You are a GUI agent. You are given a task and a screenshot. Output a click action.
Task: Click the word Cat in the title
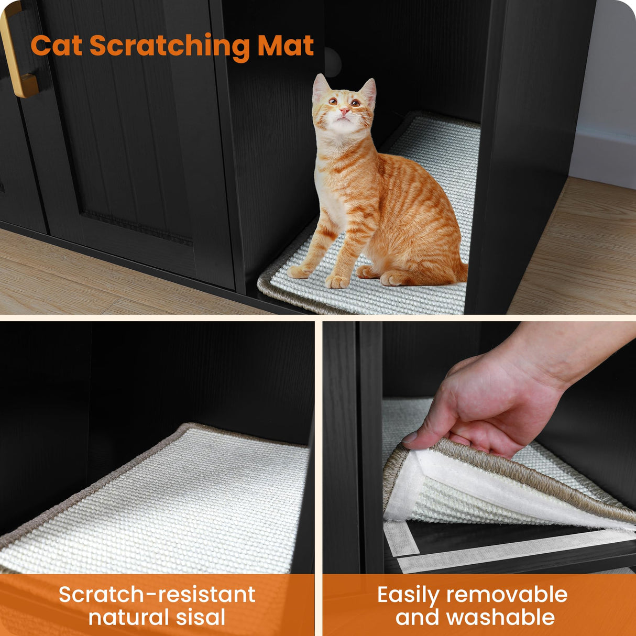point(56,46)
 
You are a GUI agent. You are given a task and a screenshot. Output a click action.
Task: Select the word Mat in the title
point(286,46)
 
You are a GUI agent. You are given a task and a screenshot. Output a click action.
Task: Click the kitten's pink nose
point(344,112)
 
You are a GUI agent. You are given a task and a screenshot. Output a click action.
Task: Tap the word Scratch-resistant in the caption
point(157,595)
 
